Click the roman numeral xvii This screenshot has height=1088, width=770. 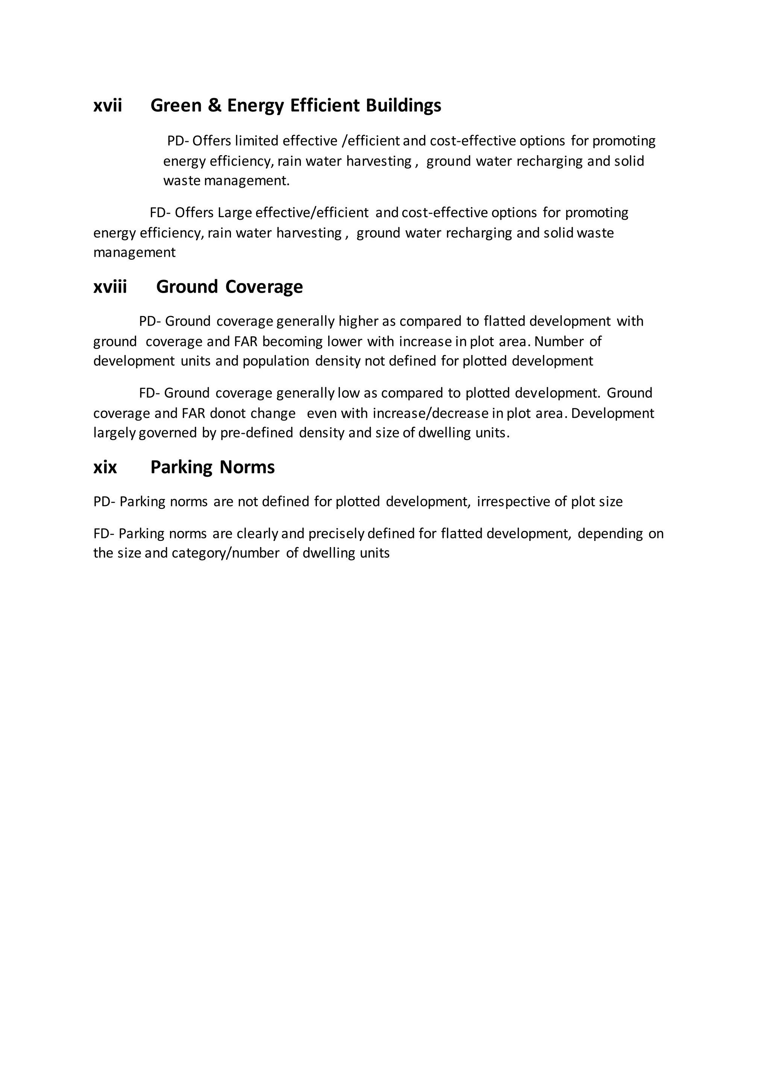pyautogui.click(x=108, y=106)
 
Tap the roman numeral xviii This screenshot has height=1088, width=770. pyautogui.click(x=110, y=287)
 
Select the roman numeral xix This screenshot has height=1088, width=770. pyautogui.click(x=105, y=468)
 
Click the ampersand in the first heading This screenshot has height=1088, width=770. pyautogui.click(x=214, y=106)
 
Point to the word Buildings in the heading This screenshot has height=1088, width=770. pyautogui.click(x=403, y=106)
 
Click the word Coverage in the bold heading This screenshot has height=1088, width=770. pyautogui.click(x=264, y=287)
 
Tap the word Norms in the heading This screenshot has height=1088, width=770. pyautogui.click(x=247, y=468)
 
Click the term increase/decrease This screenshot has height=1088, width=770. pyautogui.click(x=430, y=414)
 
